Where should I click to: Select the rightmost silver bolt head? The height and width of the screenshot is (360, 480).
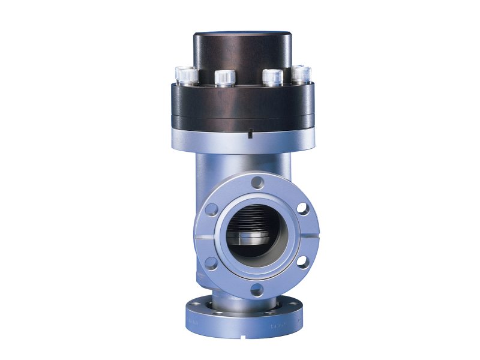pyautogui.click(x=302, y=74)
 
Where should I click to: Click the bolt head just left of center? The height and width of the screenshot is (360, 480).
pyautogui.click(x=224, y=77)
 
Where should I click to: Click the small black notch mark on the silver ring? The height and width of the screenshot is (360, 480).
pyautogui.click(x=249, y=135)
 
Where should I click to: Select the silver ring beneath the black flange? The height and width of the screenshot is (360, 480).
pyautogui.click(x=242, y=139)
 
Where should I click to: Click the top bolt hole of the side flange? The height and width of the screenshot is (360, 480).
pyautogui.click(x=257, y=181)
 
